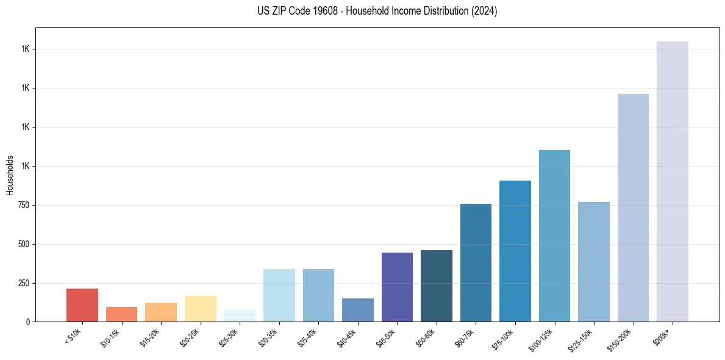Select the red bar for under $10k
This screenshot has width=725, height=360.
[x=82, y=305]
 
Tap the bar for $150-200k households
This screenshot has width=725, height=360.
[x=633, y=207]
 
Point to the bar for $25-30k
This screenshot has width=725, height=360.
[x=240, y=315]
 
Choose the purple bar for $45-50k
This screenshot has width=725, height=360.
[x=397, y=287]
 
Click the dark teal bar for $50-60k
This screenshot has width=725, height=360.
[x=436, y=286]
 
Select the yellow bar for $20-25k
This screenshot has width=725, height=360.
[x=200, y=309]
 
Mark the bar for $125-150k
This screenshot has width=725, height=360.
[x=593, y=262]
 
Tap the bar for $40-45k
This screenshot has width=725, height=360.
[x=357, y=310]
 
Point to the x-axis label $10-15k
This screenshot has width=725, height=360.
[x=110, y=337]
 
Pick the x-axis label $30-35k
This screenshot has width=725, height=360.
[x=268, y=337]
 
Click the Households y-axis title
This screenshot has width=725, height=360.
[x=10, y=175]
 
